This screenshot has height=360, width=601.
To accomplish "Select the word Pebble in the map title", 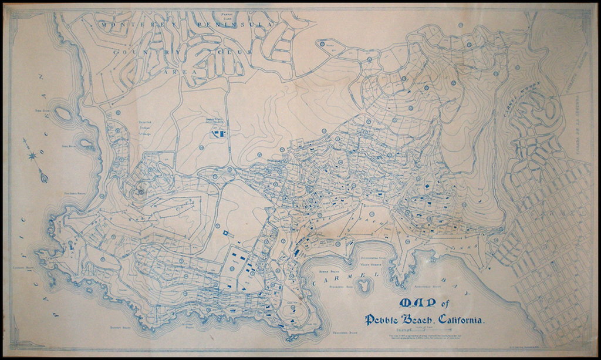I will point(383,320).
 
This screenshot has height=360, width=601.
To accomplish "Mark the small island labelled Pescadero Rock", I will point(366,285).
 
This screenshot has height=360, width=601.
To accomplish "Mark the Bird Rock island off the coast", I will point(63,113).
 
